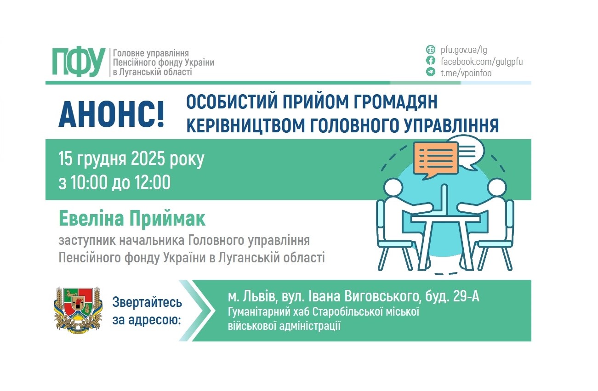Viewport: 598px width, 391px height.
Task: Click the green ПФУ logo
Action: (79, 62)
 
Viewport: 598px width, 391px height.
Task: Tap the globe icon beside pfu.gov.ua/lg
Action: (430, 49)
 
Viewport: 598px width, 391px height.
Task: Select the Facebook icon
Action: (430, 61)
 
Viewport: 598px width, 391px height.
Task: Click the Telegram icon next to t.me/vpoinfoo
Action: (430, 72)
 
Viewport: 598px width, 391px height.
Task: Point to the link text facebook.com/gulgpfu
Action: (482, 62)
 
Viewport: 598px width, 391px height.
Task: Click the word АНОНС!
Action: (111, 115)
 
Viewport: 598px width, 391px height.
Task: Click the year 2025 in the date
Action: (148, 159)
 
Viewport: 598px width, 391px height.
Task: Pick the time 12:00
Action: (153, 182)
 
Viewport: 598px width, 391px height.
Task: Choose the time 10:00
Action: (89, 182)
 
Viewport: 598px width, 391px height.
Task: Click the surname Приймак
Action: (167, 219)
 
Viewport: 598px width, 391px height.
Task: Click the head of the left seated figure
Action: (393, 188)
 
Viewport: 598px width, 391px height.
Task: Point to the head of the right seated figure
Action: (497, 188)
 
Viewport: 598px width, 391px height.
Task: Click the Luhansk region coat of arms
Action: (78, 311)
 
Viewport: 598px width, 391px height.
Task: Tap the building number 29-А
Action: (466, 296)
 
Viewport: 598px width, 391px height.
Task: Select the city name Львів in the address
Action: (259, 296)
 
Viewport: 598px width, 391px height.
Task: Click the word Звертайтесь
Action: (147, 303)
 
